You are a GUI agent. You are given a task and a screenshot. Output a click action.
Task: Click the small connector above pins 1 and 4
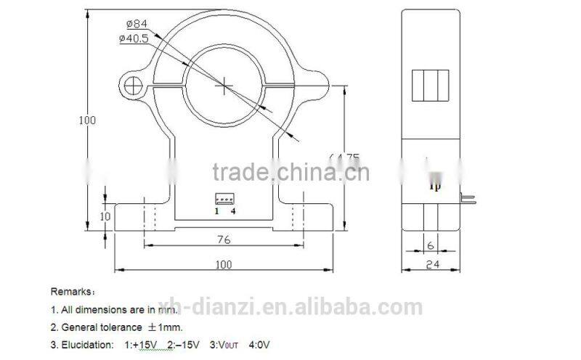[x=223, y=198]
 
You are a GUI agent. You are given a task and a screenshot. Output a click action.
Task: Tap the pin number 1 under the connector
[x=216, y=211]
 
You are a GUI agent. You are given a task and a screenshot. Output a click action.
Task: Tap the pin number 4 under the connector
[x=233, y=211]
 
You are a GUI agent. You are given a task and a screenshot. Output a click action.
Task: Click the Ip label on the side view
[x=435, y=186]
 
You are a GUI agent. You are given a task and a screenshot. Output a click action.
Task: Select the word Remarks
[x=72, y=291]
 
